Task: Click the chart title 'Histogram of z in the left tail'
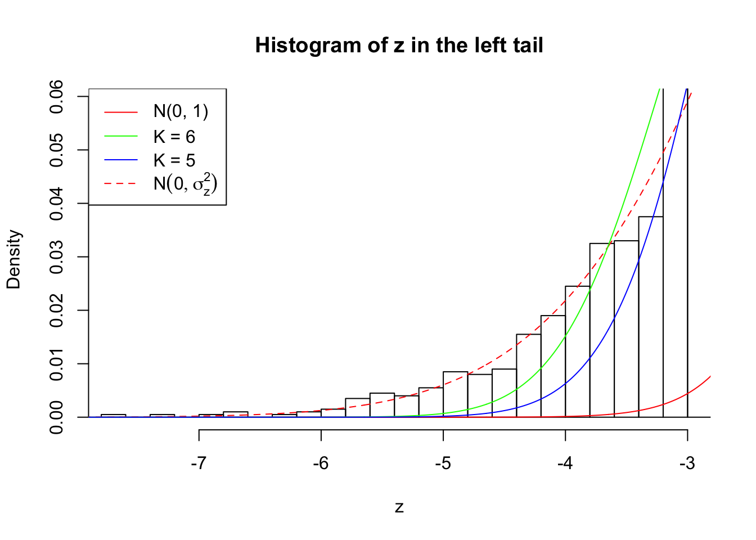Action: pyautogui.click(x=399, y=45)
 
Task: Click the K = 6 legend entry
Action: pyautogui.click(x=174, y=137)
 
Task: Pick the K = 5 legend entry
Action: pyautogui.click(x=174, y=160)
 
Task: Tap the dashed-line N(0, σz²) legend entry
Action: pyautogui.click(x=184, y=183)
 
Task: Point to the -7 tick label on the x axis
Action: pyautogui.click(x=199, y=463)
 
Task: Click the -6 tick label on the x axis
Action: pyautogui.click(x=321, y=463)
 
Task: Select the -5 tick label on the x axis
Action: pyautogui.click(x=443, y=463)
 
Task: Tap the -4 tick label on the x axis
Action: pyautogui.click(x=565, y=463)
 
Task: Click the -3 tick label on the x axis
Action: pyautogui.click(x=687, y=463)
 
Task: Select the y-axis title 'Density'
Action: pyautogui.click(x=13, y=259)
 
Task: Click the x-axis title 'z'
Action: pyautogui.click(x=399, y=507)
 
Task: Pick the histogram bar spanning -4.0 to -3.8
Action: pyautogui.click(x=578, y=352)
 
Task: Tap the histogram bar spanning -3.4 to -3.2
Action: pyautogui.click(x=651, y=317)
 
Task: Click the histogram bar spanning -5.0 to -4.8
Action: pyautogui.click(x=455, y=394)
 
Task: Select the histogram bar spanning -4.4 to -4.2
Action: pyautogui.click(x=529, y=376)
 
